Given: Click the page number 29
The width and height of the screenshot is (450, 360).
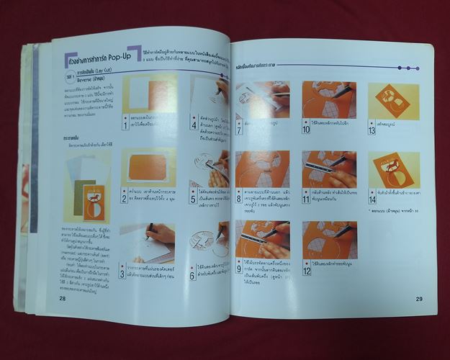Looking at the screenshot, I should pos(418,299).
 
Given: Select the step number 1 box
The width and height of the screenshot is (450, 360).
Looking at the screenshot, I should pos(125,125).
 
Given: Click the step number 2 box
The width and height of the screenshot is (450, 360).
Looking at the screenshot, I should pos(124,198).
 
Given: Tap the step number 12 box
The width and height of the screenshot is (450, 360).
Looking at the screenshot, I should pos(307,270).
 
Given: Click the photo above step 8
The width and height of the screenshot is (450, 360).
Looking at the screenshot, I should pos(261,170).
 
